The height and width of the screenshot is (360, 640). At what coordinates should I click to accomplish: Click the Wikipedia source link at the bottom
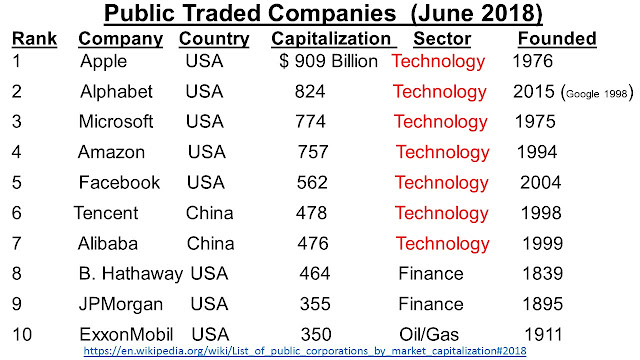click(x=305, y=351)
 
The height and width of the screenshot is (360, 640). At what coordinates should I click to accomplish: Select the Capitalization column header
click(x=331, y=39)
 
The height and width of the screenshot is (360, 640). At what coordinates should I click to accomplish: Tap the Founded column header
click(x=557, y=39)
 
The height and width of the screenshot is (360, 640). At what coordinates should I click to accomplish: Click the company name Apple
click(x=104, y=62)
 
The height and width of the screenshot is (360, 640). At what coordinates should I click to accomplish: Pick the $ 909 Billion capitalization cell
click(x=329, y=61)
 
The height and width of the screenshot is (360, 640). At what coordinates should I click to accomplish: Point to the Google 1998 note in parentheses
click(x=598, y=93)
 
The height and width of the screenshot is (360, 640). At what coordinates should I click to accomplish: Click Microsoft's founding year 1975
click(x=535, y=122)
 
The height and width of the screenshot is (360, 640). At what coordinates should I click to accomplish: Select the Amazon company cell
click(x=111, y=152)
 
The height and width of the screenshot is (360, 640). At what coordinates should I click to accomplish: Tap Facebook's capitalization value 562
click(x=312, y=182)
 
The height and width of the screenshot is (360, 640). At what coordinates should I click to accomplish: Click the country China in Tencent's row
click(x=209, y=213)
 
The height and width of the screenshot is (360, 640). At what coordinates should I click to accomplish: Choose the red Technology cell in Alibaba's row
click(x=442, y=244)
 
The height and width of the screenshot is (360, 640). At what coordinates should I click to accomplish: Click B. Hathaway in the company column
click(x=131, y=273)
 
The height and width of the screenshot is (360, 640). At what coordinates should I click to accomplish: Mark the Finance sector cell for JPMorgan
click(x=431, y=304)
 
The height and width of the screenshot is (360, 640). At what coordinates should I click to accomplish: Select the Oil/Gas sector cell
click(x=429, y=335)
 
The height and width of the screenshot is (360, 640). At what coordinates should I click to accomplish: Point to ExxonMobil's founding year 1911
click(x=543, y=335)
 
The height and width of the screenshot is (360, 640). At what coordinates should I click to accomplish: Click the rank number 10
click(x=22, y=335)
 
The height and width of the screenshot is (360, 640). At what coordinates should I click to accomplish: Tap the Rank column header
click(x=34, y=39)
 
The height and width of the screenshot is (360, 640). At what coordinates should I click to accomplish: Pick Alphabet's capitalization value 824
click(x=310, y=91)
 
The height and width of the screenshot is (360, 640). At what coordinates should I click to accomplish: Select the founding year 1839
click(x=542, y=273)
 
